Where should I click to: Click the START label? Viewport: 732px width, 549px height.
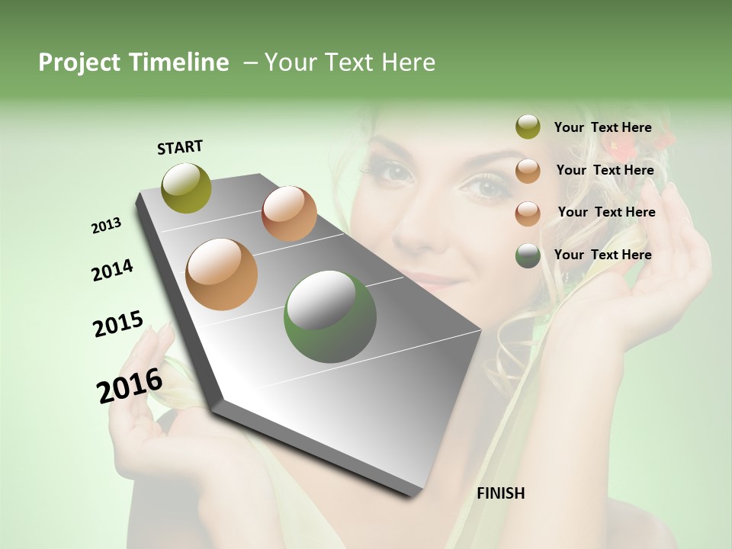180,147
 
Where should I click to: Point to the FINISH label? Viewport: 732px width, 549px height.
501,493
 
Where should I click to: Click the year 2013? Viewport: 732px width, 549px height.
106,226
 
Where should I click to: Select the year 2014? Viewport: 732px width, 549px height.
112,270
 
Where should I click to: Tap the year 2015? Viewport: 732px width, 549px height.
118,324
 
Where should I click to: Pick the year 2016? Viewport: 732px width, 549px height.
130,386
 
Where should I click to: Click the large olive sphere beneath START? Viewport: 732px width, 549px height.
187,188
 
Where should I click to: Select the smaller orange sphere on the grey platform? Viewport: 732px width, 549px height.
289,213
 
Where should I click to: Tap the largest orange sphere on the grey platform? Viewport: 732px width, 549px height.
222,274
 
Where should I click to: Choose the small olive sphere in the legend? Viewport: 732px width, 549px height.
528,127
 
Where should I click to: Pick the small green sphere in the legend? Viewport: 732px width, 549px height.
528,256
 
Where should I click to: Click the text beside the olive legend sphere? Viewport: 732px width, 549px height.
602,127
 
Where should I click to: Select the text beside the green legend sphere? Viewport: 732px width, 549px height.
602,255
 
